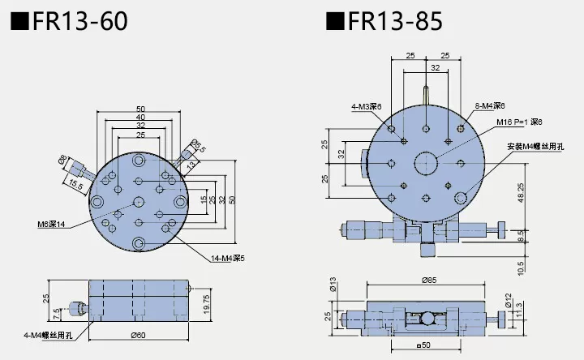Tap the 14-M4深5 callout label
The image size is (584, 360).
pyautogui.click(x=217, y=259)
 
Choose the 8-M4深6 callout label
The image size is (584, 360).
pyautogui.click(x=490, y=106)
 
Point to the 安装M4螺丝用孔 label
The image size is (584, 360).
pyautogui.click(x=535, y=147)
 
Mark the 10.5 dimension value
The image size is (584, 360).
pyautogui.click(x=521, y=266)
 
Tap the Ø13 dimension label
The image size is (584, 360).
pyautogui.click(x=332, y=285)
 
